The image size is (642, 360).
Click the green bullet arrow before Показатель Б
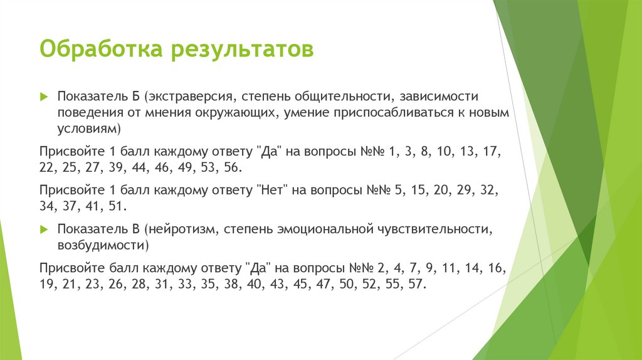(x=43, y=97)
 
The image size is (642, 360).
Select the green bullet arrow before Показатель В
(x=43, y=229)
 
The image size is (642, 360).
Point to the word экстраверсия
(x=189, y=97)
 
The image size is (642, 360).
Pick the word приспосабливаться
(x=399, y=113)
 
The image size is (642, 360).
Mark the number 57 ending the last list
(x=418, y=283)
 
